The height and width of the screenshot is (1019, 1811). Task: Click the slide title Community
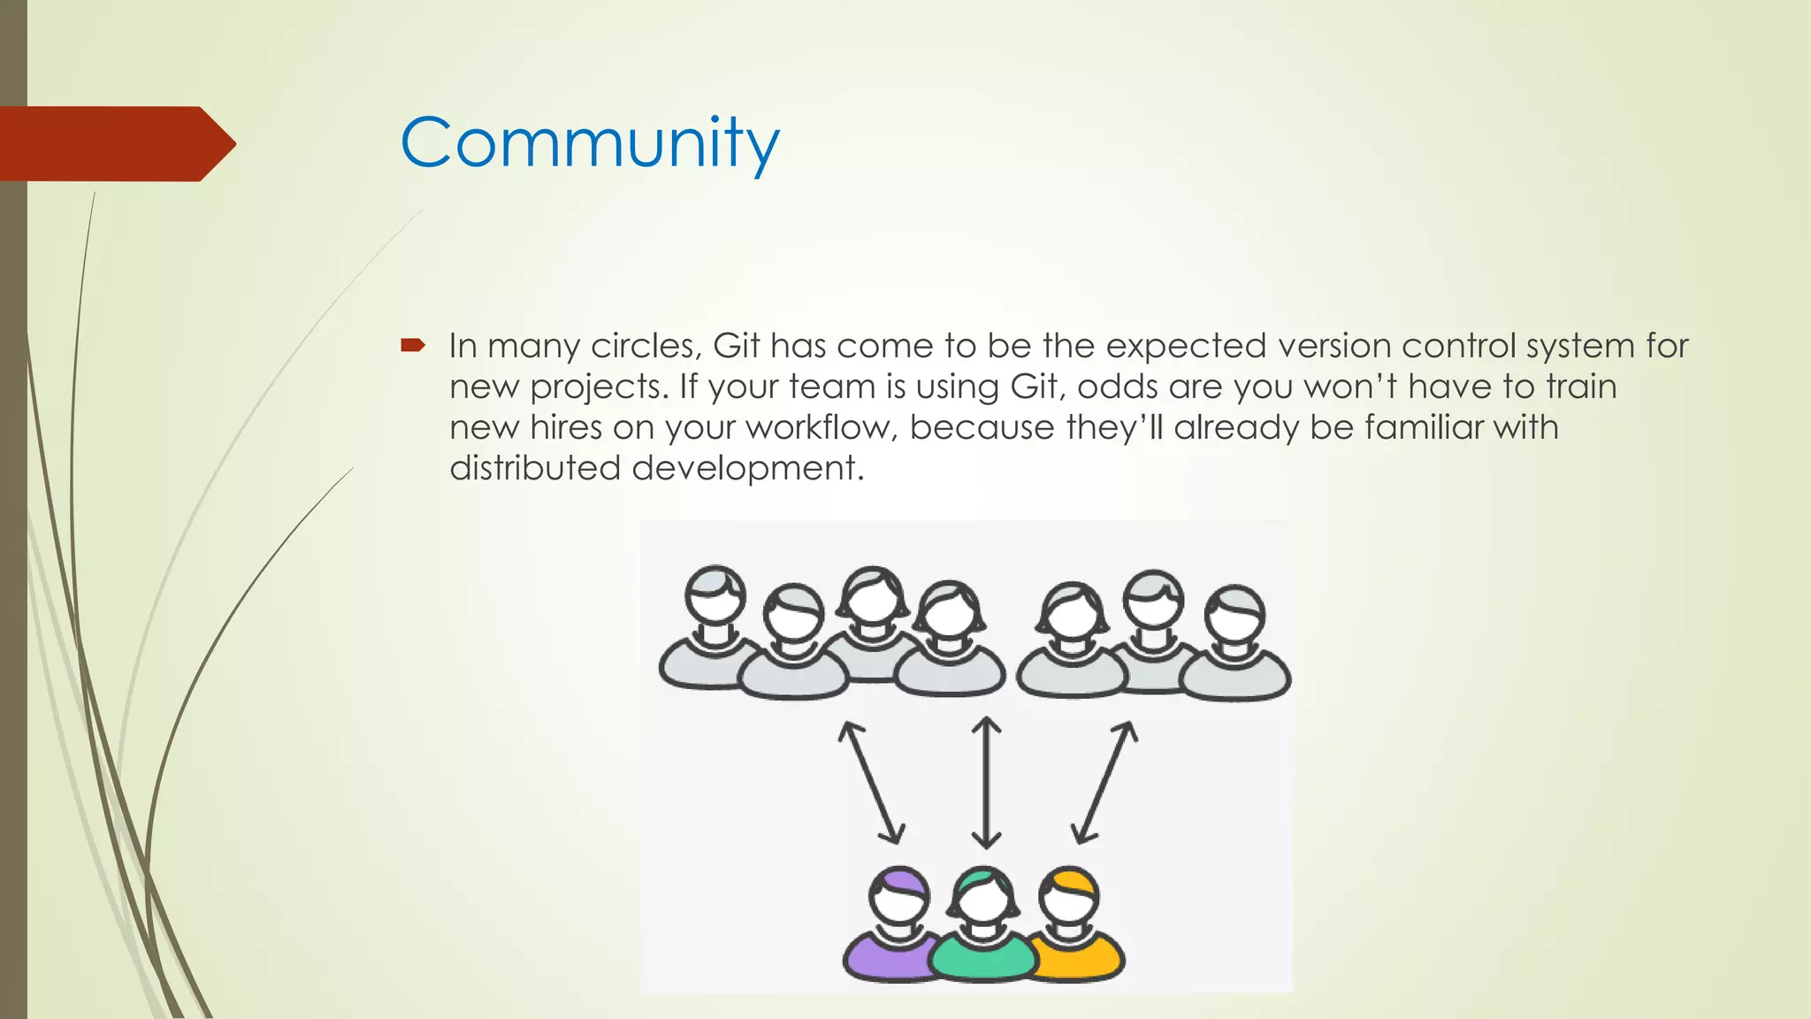(590, 143)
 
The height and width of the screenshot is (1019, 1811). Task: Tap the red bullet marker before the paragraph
(412, 345)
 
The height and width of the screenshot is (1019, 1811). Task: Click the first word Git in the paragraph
(736, 346)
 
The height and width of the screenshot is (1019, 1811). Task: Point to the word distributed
(534, 468)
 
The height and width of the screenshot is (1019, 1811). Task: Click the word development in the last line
(745, 469)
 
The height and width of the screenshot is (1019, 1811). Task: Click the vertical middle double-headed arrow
(986, 783)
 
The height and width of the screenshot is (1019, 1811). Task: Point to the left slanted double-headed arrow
(871, 783)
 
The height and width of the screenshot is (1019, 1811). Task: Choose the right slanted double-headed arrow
(1104, 783)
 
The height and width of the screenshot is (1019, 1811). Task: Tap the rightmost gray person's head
(1235, 615)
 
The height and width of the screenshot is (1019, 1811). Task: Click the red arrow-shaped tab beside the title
(115, 143)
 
